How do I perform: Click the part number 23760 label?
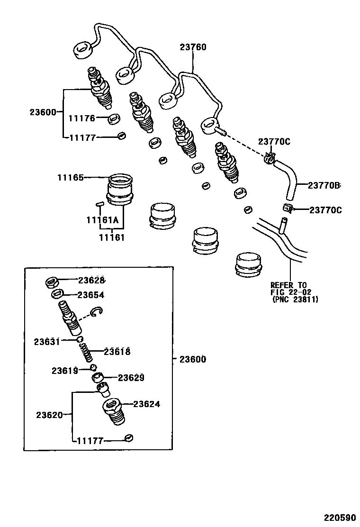(193, 47)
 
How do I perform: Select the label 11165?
(71, 178)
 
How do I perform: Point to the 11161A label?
(102, 220)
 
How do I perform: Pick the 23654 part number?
(91, 295)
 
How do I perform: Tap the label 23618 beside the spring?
(117, 352)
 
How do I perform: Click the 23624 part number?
(146, 404)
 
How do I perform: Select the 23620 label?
(49, 415)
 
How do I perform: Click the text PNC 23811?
(295, 300)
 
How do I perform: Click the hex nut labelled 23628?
(51, 282)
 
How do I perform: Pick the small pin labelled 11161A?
(99, 204)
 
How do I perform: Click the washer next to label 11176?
(114, 118)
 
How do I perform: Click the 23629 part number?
(131, 378)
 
